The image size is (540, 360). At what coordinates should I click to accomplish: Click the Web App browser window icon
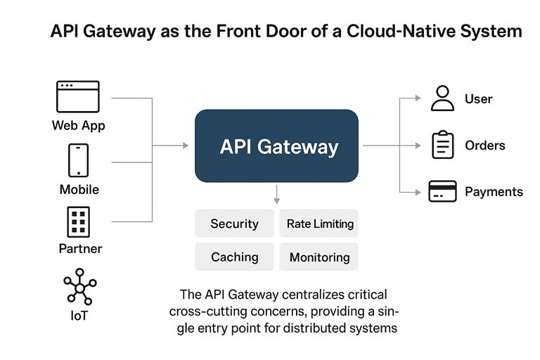point(78,96)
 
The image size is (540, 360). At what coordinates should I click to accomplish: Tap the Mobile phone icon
point(78,160)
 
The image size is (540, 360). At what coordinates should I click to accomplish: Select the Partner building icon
point(78,221)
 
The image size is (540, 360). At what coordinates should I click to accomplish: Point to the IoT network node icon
point(79,286)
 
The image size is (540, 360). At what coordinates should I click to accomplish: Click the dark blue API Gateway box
point(276,146)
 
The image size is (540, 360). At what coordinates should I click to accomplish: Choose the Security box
point(234,224)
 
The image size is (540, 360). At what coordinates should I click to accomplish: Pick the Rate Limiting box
point(319,224)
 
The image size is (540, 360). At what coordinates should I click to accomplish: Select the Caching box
point(234,257)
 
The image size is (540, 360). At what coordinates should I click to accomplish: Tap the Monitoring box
point(319,257)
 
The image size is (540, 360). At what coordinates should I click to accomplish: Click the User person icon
point(442,98)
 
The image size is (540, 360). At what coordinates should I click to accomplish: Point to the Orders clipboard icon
point(442,145)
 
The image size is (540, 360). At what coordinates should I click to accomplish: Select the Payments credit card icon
point(442,191)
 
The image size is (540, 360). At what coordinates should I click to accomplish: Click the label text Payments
point(494,191)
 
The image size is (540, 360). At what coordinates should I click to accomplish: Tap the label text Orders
point(485,146)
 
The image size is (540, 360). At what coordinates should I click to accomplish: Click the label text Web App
point(78,126)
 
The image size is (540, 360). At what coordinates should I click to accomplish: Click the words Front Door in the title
point(242,32)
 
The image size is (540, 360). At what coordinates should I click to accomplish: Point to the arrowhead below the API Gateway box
point(277,200)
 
